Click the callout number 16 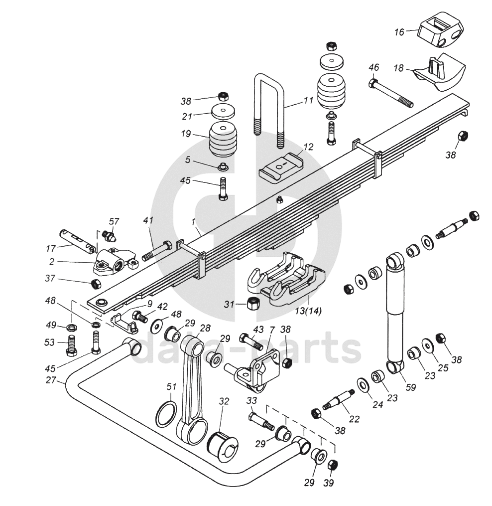point(399,32)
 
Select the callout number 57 point(114,221)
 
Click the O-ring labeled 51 point(166,413)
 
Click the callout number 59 point(410,387)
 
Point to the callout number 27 point(51,380)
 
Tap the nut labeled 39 point(333,466)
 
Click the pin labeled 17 point(78,241)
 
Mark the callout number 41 point(148,221)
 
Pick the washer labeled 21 point(223,112)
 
